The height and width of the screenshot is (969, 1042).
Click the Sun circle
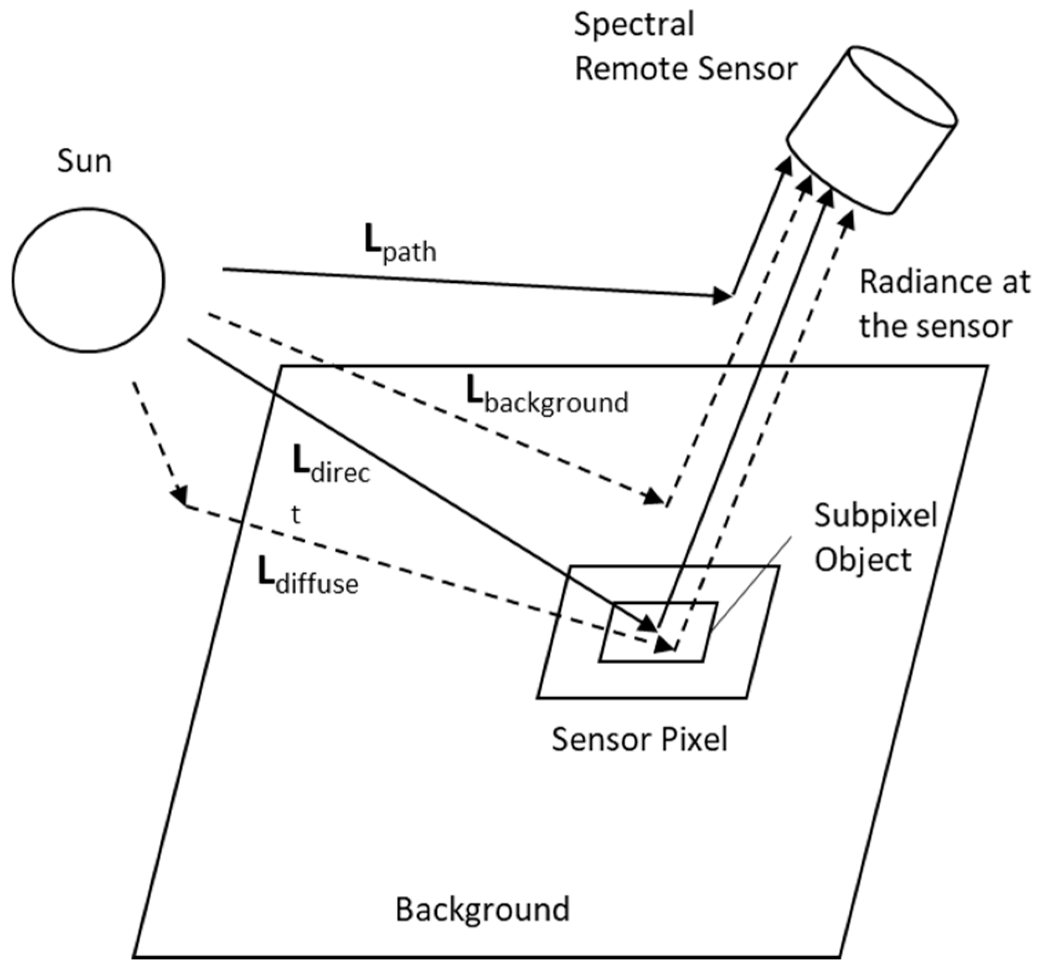coord(88,280)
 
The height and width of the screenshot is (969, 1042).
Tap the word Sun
coord(84,162)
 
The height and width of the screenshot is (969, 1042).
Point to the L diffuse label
coord(308,577)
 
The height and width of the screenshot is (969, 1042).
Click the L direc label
coord(331,467)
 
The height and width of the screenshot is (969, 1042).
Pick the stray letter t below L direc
coord(296,515)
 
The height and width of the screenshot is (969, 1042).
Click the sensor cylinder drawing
coord(873,131)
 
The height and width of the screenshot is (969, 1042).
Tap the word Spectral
coord(633,25)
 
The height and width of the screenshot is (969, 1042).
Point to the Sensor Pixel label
coord(639,739)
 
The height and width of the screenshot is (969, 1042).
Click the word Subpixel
coord(875,516)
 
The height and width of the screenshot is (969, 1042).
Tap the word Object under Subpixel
coord(862,560)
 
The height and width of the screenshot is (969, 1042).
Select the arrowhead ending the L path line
coord(721,296)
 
